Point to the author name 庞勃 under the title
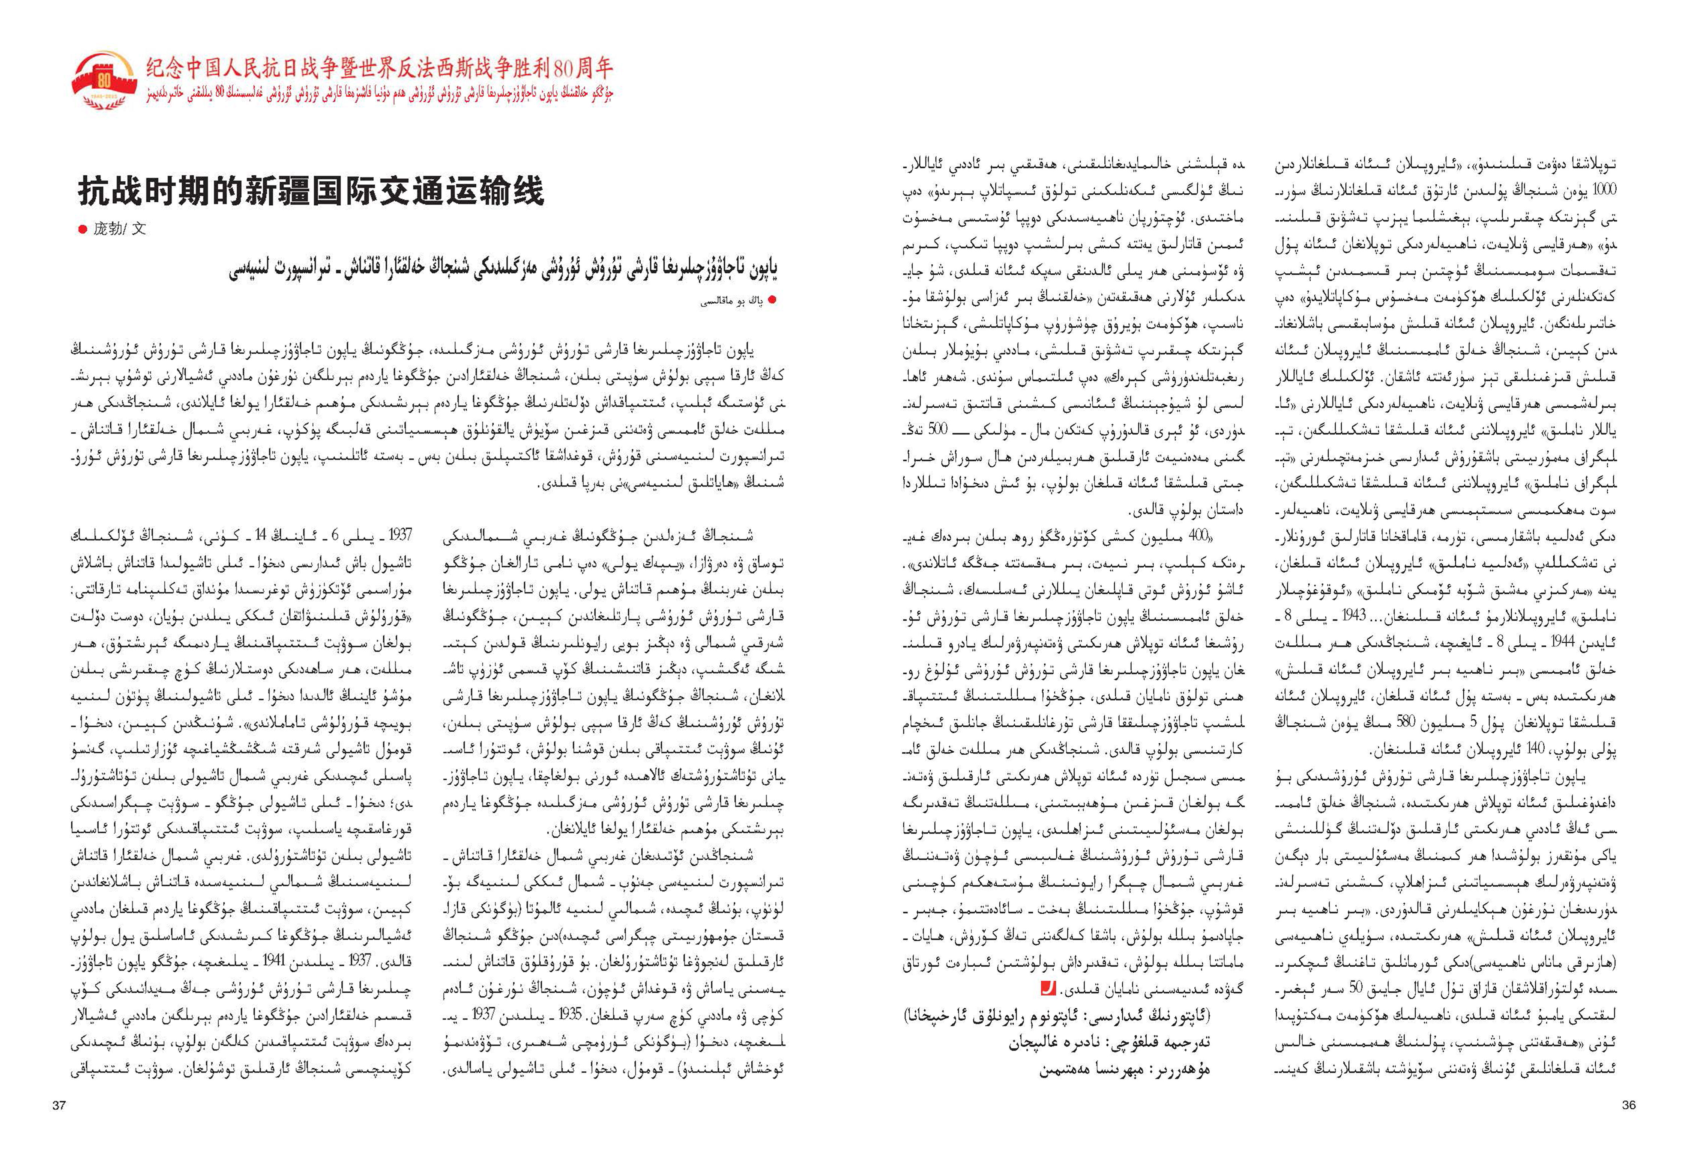point(108,229)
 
